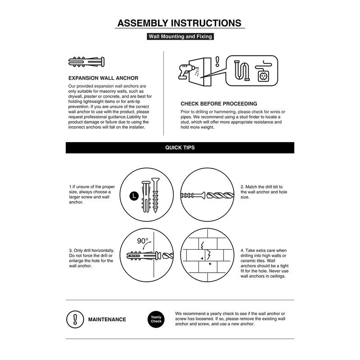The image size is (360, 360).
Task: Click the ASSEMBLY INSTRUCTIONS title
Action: (x=180, y=23)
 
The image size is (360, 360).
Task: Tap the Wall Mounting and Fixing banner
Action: (x=180, y=37)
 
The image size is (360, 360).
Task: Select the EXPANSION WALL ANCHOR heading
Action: (x=103, y=78)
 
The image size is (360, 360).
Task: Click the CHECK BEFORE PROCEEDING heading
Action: (x=219, y=103)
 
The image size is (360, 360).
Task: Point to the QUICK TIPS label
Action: (x=180, y=148)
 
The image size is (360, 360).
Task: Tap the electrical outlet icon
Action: (x=262, y=75)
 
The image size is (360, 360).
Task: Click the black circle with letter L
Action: (x=133, y=195)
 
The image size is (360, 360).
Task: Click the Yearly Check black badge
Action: (x=156, y=319)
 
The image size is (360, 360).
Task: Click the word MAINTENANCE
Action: (x=107, y=319)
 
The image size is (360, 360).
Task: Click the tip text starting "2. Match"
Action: (x=261, y=192)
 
